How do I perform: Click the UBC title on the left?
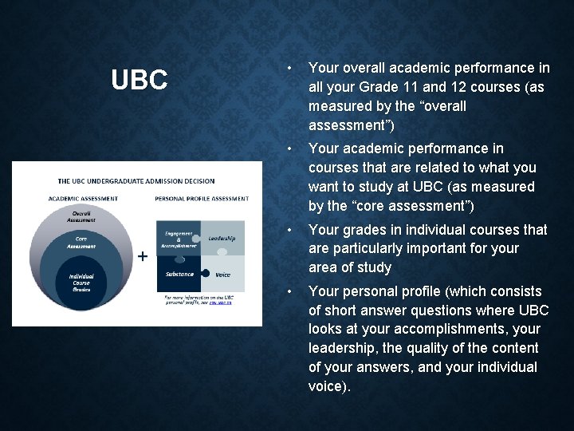139,80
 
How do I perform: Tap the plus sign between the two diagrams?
142,256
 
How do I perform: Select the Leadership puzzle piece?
221,238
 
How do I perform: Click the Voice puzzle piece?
223,275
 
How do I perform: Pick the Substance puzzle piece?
179,274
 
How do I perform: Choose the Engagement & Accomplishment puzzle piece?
179,239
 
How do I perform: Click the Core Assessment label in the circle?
81,242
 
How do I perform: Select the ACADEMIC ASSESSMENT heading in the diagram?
83,199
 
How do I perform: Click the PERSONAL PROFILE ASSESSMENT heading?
200,199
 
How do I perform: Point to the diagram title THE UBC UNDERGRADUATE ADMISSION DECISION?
136,181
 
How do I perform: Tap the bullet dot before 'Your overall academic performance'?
293,68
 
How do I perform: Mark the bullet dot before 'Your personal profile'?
293,291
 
